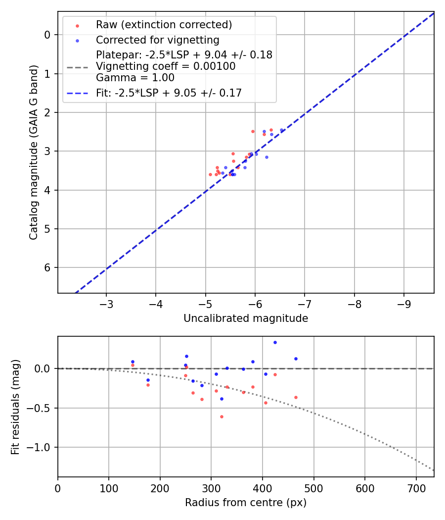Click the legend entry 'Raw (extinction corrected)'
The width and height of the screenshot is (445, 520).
(164, 25)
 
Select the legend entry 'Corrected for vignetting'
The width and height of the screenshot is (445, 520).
(157, 40)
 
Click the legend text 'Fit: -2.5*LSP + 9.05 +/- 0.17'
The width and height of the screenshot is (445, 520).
(169, 93)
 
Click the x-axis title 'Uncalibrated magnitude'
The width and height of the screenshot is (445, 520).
(246, 318)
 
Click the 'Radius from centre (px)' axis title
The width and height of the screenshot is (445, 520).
(246, 503)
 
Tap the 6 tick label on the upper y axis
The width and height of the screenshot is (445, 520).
(47, 267)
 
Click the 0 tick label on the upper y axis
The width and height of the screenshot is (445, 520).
(47, 35)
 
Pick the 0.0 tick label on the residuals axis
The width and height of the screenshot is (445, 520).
(42, 368)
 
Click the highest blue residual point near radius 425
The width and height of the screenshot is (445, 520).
(275, 342)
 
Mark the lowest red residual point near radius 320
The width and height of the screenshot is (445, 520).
(222, 416)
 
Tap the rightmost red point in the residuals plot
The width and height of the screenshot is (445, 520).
(296, 397)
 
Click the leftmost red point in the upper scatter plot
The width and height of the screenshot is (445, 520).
(210, 174)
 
